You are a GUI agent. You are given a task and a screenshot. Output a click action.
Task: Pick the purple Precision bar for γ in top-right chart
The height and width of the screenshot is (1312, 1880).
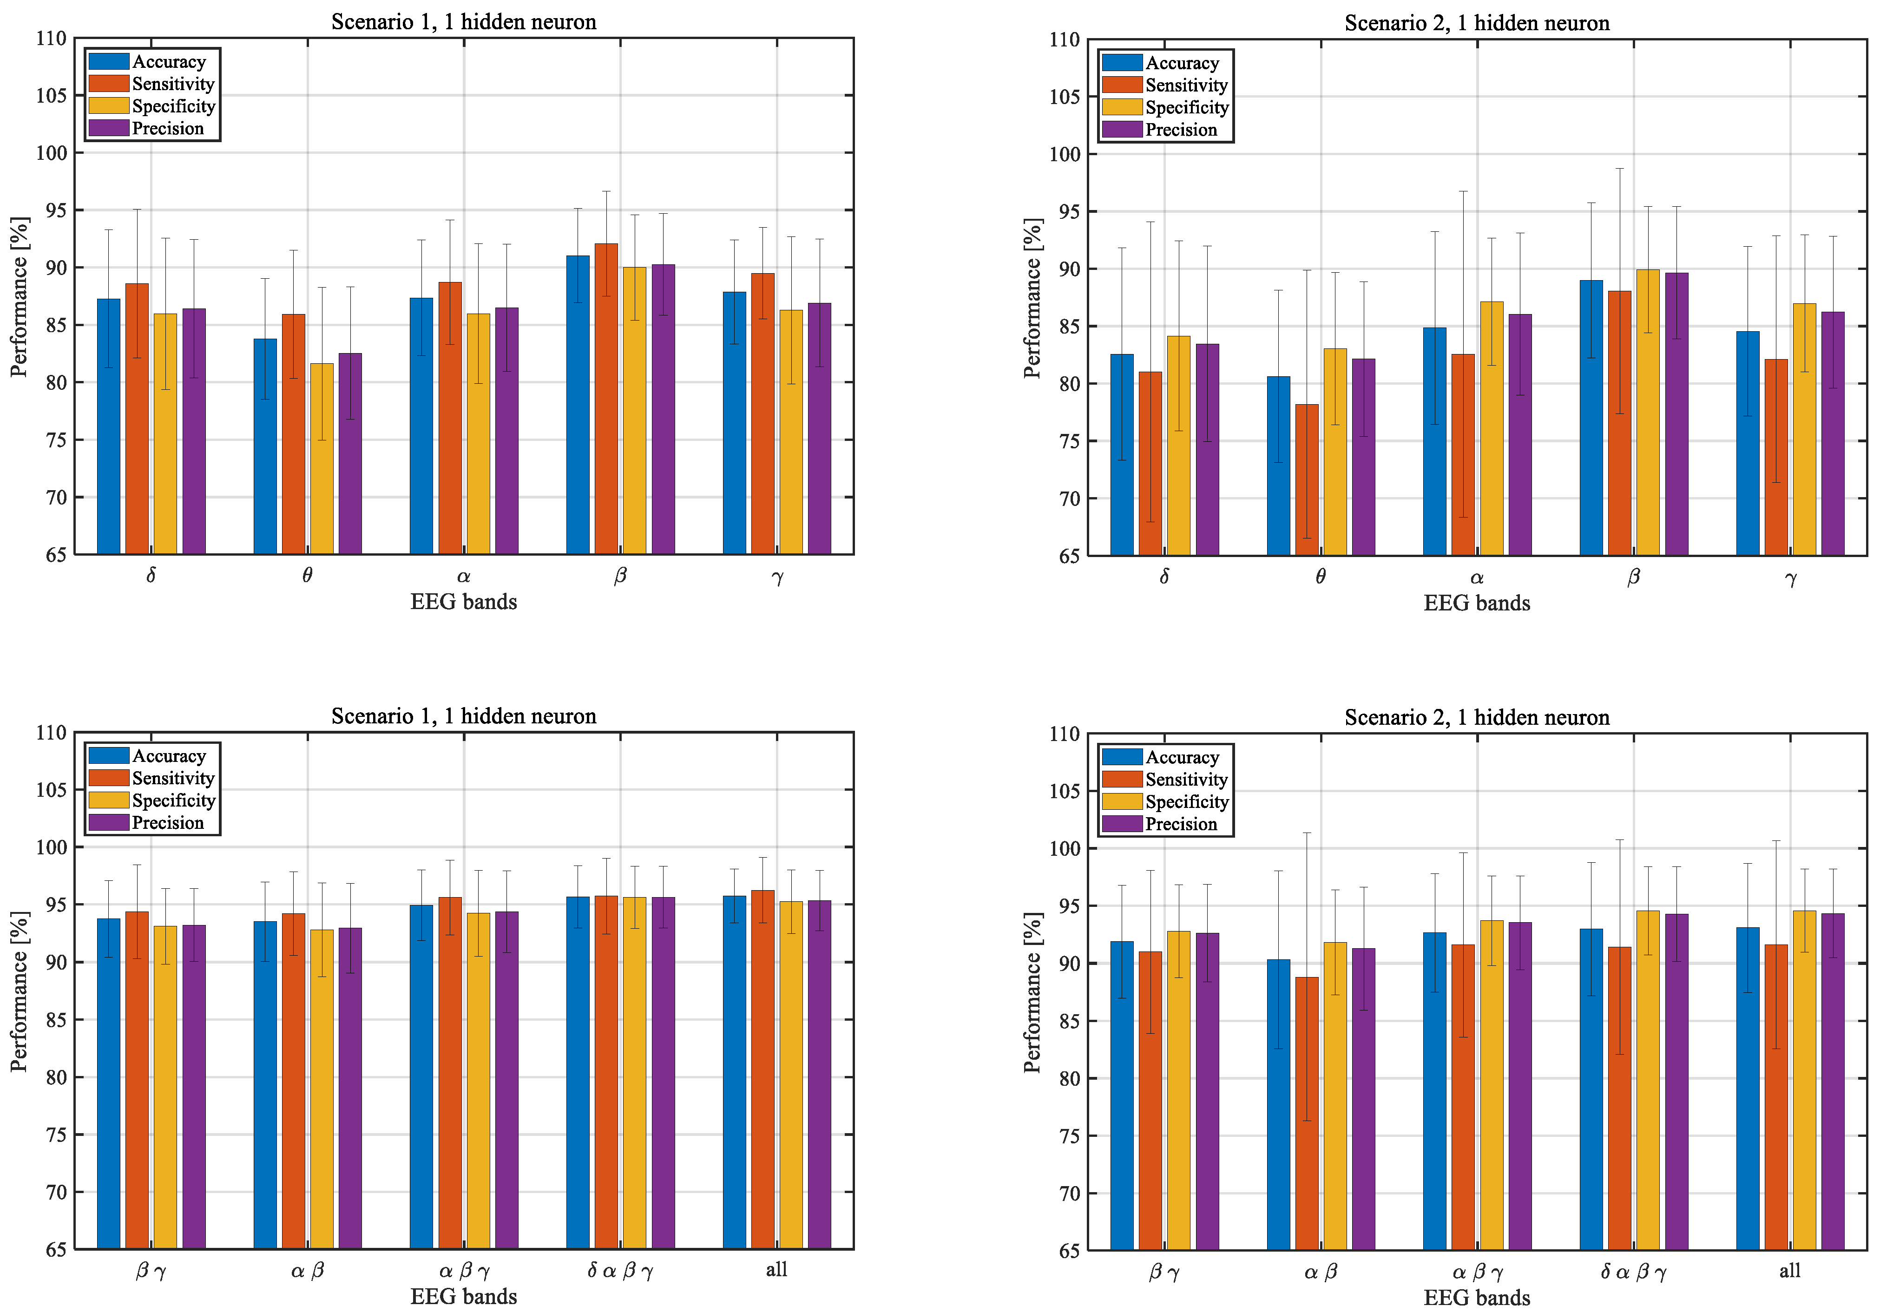pyautogui.click(x=1833, y=434)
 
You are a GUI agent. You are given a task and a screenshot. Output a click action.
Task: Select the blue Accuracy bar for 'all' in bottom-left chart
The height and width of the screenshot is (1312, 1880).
pyautogui.click(x=735, y=1072)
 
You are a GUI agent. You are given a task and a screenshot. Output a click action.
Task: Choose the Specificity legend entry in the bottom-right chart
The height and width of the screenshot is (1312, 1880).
pyautogui.click(x=1186, y=802)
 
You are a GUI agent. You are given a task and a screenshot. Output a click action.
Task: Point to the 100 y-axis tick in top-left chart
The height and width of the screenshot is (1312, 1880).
pyautogui.click(x=51, y=153)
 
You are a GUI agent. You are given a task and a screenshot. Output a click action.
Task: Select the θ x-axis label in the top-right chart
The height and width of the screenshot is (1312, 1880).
pyautogui.click(x=1320, y=577)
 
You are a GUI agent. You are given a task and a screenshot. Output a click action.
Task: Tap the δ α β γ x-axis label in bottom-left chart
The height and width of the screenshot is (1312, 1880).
pyautogui.click(x=620, y=1270)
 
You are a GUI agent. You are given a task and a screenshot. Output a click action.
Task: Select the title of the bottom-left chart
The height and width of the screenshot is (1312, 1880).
pyautogui.click(x=463, y=716)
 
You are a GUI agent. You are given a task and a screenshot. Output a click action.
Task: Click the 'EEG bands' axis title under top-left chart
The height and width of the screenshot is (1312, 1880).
pyautogui.click(x=463, y=603)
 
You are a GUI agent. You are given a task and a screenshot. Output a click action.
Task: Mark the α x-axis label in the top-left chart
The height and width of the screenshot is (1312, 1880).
pyautogui.click(x=463, y=576)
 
